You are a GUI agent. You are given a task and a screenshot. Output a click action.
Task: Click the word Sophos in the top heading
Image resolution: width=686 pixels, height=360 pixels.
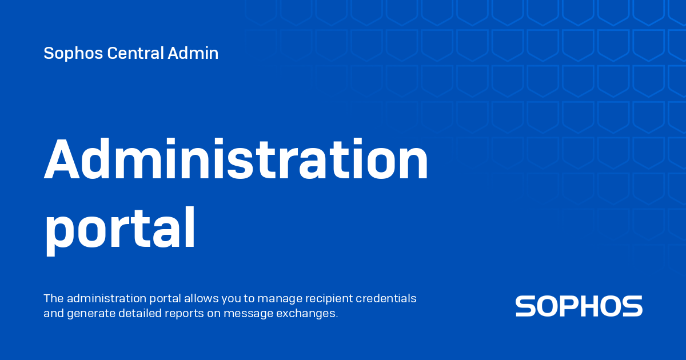tap(73, 54)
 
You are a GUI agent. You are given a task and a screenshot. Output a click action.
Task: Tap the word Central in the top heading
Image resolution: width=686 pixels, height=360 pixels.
tap(135, 53)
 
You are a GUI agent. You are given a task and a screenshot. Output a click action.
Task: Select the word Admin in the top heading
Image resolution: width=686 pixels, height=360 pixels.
tap(193, 53)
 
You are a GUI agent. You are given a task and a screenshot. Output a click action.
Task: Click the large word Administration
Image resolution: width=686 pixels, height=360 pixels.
tap(236, 159)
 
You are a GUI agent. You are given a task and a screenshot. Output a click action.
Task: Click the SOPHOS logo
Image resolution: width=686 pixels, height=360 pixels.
tap(579, 306)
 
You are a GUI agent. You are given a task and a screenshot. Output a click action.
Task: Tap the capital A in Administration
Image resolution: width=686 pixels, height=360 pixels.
tap(62, 159)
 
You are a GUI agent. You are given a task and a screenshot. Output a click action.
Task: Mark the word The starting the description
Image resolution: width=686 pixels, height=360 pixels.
tap(54, 298)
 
